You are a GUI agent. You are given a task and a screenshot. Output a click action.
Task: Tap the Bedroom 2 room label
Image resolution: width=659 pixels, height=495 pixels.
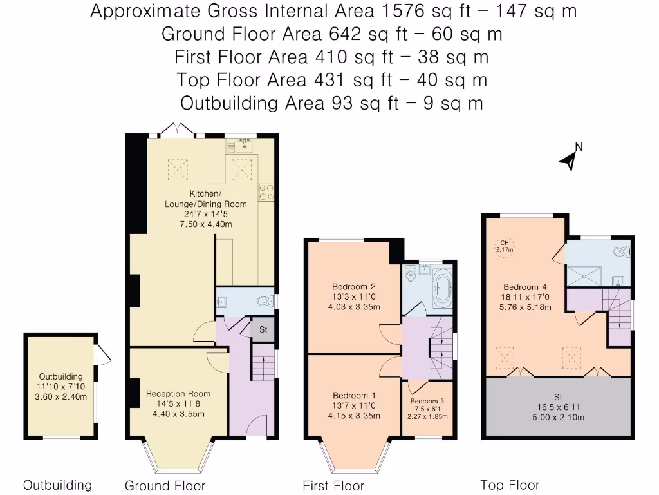click(x=353, y=287)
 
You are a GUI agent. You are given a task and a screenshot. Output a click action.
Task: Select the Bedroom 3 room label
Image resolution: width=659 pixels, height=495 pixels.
click(x=427, y=401)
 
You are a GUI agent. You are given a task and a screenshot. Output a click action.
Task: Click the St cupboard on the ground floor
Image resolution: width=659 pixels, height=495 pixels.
click(x=263, y=329)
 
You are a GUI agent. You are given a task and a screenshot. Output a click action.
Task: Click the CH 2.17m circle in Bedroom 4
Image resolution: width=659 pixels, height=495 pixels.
click(x=504, y=246)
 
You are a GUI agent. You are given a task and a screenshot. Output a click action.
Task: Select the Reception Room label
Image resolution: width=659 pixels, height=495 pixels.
click(x=178, y=394)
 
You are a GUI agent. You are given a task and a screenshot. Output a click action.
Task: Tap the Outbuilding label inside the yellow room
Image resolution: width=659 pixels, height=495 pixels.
click(x=60, y=376)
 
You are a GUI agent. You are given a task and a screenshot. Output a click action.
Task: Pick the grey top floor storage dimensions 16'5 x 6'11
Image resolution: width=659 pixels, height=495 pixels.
click(x=557, y=407)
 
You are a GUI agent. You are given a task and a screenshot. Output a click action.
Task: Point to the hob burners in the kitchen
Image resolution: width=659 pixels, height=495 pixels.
click(x=266, y=191)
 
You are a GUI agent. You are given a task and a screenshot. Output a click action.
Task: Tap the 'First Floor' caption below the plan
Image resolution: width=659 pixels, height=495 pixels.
click(x=333, y=486)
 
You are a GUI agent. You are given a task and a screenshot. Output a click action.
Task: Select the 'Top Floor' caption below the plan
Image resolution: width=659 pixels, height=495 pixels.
click(x=510, y=485)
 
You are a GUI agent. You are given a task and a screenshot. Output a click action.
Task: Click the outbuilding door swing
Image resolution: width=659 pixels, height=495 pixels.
click(x=102, y=353)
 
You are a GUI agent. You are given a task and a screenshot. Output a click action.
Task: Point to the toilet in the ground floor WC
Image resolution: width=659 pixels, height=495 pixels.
click(x=265, y=301)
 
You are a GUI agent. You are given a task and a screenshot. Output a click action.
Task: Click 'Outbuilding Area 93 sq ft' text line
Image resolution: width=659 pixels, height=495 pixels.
click(x=331, y=103)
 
